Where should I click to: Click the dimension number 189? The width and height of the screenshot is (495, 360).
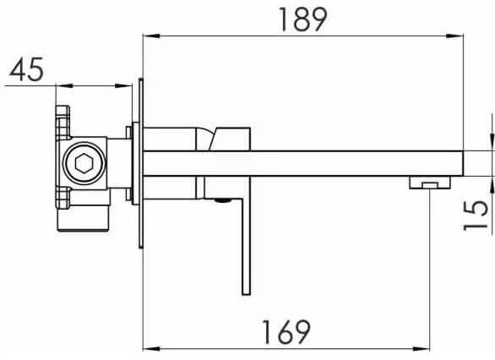click(302, 19)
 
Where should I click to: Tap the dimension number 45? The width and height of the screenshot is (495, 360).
click(26, 69)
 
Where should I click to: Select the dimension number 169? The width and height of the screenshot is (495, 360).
click(286, 332)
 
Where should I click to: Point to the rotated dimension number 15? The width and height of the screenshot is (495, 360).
click(475, 215)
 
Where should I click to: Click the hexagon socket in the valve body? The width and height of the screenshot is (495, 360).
click(84, 163)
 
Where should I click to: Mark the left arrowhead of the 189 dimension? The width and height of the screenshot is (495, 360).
click(151, 36)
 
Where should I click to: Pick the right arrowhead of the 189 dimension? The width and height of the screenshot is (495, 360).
click(454, 36)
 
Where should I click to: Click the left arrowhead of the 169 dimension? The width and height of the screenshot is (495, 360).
click(151, 349)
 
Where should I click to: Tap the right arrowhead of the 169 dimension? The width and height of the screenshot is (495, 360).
click(422, 349)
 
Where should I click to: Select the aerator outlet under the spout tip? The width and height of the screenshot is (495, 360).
click(430, 183)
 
